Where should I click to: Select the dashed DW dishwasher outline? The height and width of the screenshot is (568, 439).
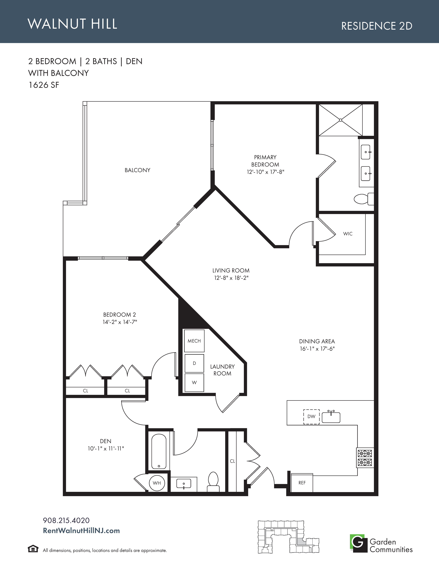311,416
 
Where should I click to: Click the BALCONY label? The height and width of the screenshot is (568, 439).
137,170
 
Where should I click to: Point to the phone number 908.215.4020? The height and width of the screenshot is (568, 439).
66,520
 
